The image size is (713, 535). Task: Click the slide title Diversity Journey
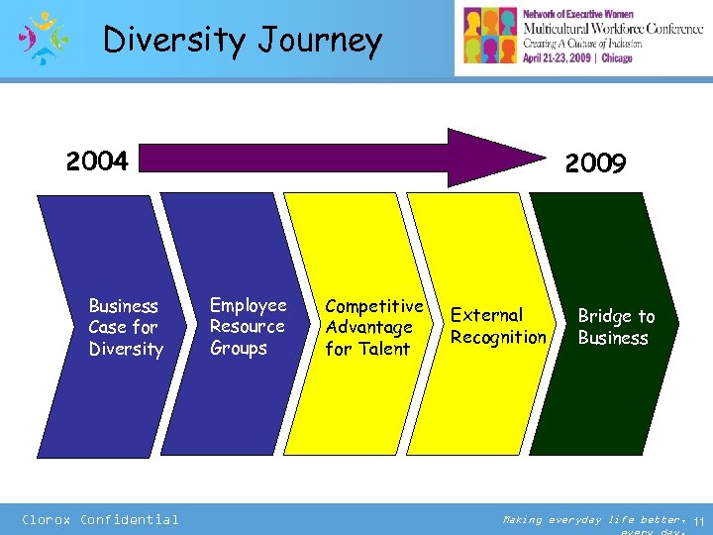(243, 41)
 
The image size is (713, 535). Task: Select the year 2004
(97, 160)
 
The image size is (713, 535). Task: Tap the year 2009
(595, 163)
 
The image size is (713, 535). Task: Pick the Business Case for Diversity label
(125, 327)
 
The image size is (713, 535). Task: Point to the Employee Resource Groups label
(248, 326)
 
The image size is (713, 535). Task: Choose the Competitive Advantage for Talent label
(373, 327)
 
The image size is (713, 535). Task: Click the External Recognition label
(498, 326)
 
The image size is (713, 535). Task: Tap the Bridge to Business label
(616, 327)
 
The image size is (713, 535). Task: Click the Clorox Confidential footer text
(100, 519)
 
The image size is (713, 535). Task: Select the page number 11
(699, 521)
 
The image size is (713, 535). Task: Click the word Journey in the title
(320, 41)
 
